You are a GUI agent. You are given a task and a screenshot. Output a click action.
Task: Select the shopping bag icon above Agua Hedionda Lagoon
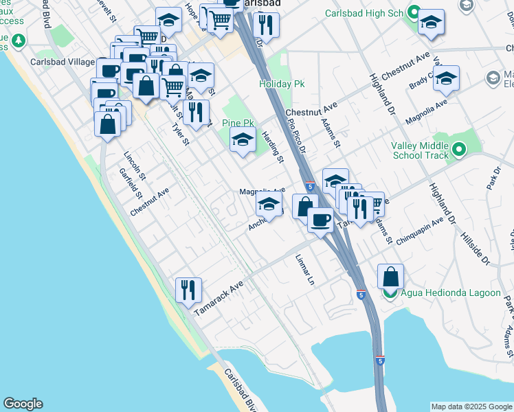point(390,277)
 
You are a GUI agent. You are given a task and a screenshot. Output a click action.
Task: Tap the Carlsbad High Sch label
point(368,12)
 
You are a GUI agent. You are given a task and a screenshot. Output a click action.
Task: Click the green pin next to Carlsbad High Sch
point(413,12)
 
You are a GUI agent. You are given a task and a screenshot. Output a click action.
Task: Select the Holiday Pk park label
point(282,84)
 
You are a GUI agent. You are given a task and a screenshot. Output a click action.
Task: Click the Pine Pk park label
point(238,124)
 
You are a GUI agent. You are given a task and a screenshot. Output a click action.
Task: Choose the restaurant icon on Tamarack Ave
point(188,289)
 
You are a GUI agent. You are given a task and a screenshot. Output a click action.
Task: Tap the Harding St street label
point(273,148)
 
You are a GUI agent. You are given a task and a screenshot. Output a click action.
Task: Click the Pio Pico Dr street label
point(298,135)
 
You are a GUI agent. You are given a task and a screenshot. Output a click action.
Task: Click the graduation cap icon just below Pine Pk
point(242,141)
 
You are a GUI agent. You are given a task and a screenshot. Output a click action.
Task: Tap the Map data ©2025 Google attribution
point(471,407)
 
